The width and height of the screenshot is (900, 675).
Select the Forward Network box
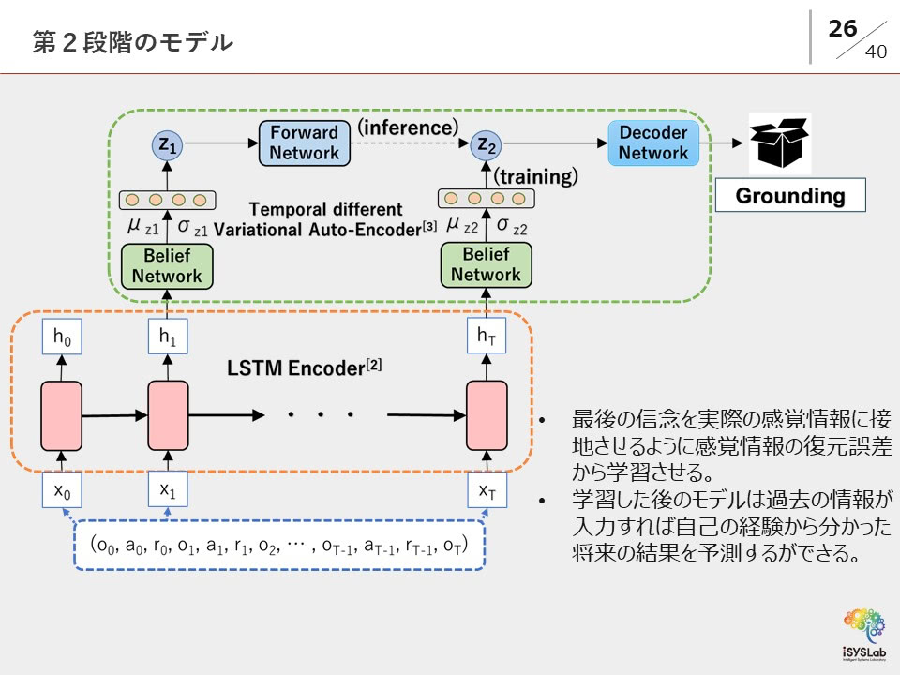click(304, 142)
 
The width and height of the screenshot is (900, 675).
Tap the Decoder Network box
click(653, 142)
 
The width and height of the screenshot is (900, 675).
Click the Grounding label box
click(789, 196)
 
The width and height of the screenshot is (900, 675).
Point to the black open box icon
click(779, 142)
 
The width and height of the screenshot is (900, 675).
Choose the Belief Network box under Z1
click(167, 266)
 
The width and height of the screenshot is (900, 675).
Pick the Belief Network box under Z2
click(486, 265)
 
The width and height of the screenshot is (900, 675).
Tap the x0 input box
click(62, 489)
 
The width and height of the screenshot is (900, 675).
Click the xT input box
click(487, 489)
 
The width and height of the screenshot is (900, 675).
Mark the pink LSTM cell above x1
click(169, 414)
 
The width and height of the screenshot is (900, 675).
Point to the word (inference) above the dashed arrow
click(408, 126)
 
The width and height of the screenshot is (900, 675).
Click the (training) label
click(536, 176)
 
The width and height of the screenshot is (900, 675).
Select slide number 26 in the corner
click(843, 29)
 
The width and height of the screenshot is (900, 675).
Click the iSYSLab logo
click(863, 631)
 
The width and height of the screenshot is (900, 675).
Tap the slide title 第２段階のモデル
click(132, 42)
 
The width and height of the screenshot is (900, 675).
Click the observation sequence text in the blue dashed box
click(279, 545)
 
